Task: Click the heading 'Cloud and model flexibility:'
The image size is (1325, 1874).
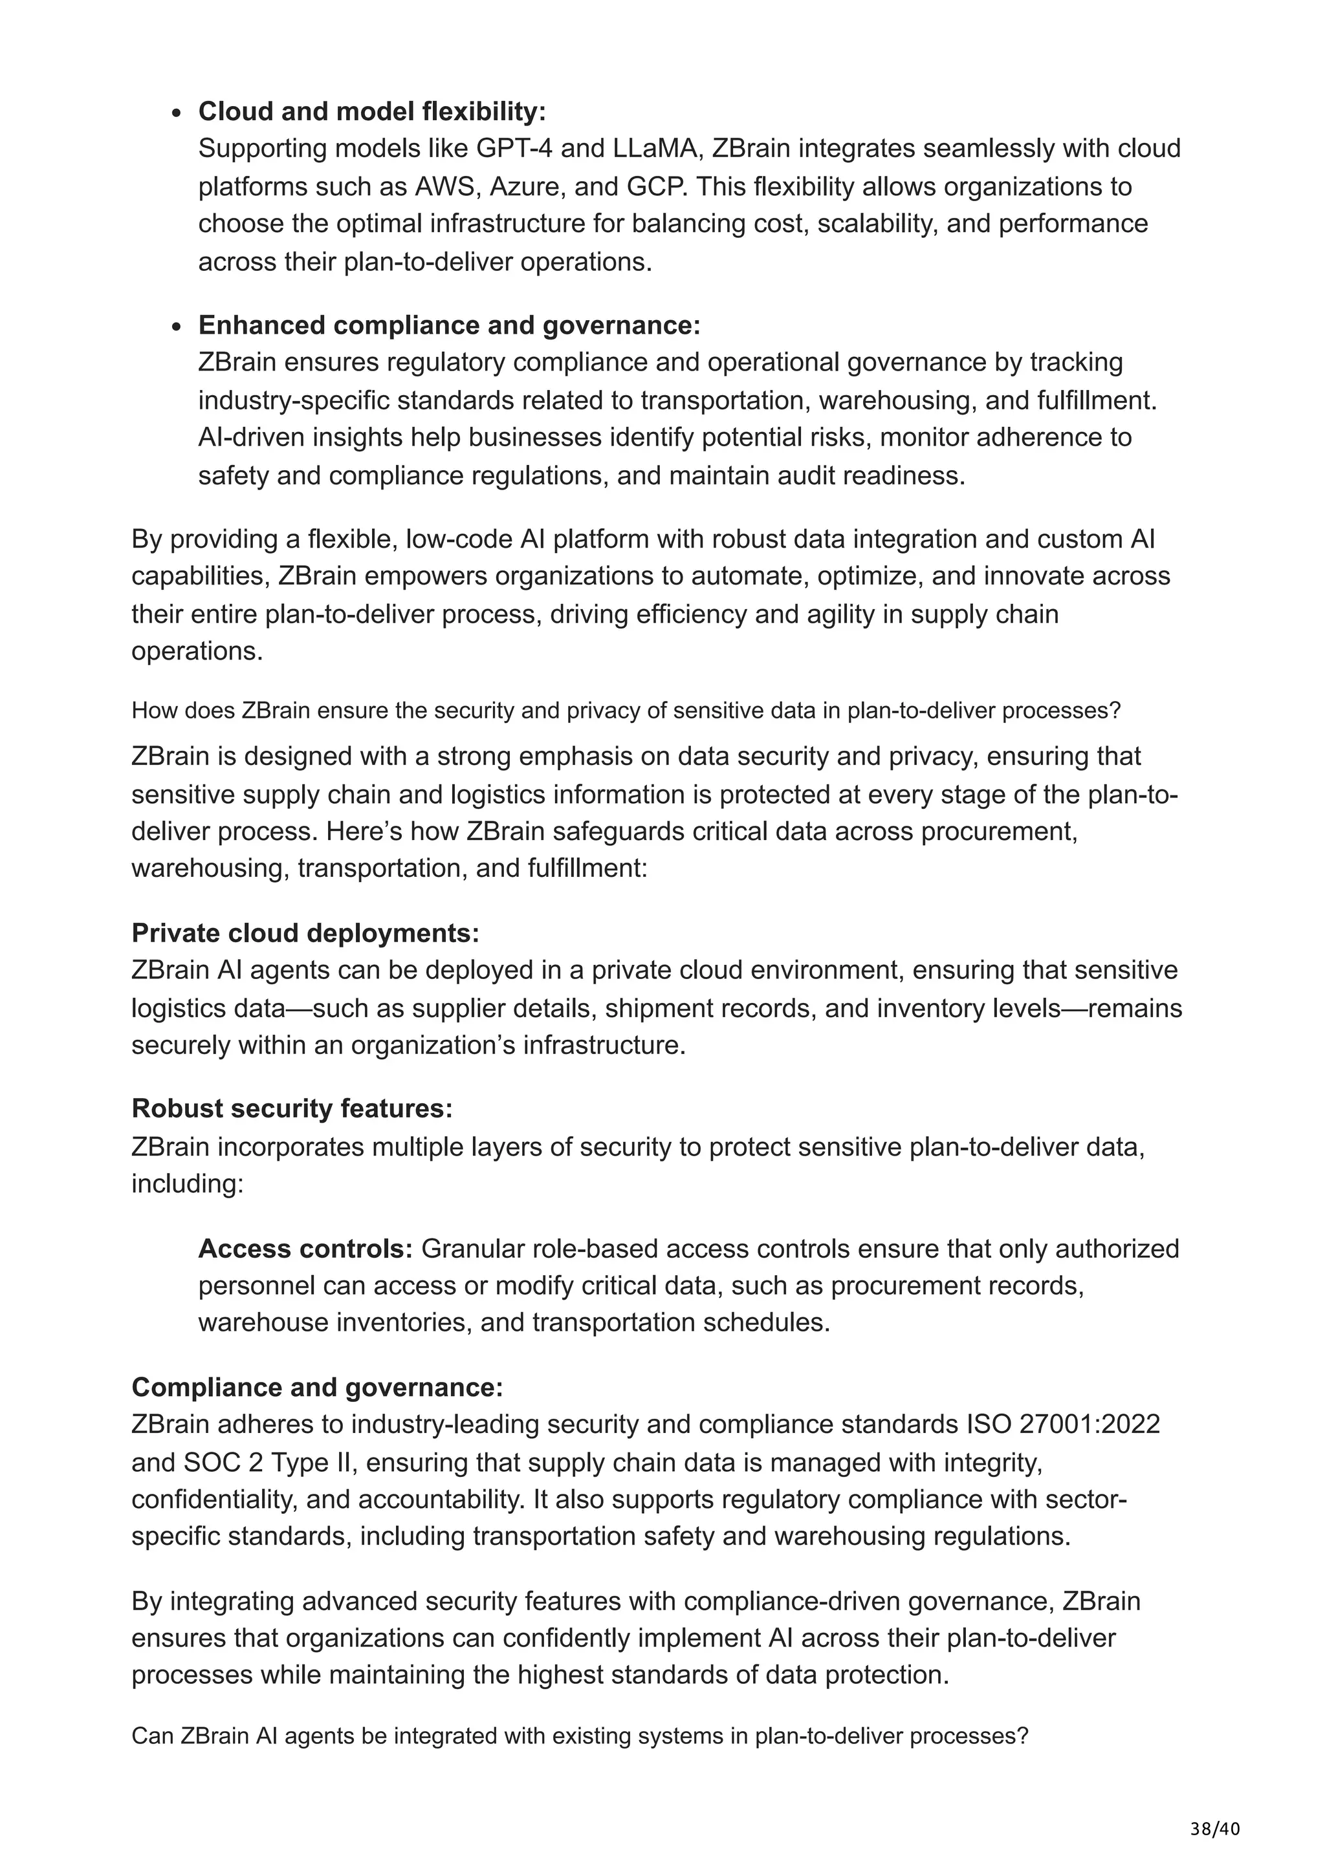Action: pos(371,111)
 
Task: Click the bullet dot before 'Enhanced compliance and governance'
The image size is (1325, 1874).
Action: pos(177,327)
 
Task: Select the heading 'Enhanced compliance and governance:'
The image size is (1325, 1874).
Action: pos(449,325)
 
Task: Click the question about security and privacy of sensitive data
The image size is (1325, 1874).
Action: pos(626,710)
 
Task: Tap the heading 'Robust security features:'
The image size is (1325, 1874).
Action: pos(291,1108)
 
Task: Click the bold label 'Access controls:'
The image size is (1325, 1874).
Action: pos(305,1249)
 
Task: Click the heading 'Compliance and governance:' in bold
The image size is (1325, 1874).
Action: pos(317,1388)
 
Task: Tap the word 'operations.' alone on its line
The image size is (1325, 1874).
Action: pos(197,651)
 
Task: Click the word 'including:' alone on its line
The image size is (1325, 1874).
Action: pos(187,1183)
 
